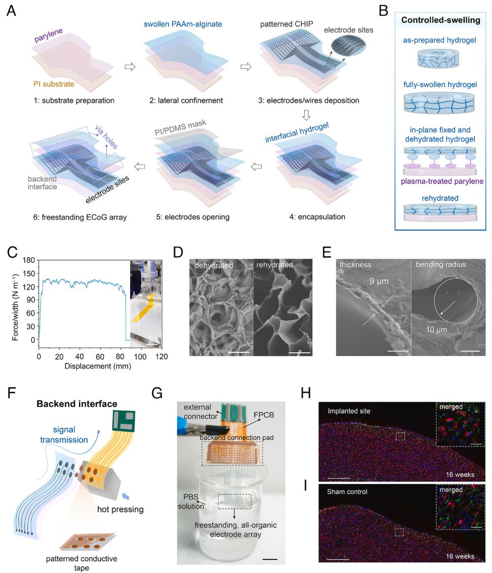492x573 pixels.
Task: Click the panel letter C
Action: pos(12,252)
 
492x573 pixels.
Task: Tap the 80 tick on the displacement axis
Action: pos(120,357)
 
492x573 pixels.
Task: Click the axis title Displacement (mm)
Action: pos(98,366)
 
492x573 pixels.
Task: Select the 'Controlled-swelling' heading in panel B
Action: pos(440,20)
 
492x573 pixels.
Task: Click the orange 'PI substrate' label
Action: pos(54,84)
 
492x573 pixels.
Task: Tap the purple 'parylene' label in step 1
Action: pos(48,35)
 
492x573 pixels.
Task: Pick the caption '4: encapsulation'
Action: pos(317,217)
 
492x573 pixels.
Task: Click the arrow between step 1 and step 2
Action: pos(130,67)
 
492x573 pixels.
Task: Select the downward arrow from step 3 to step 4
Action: pos(306,115)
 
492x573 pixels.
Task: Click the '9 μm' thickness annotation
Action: pos(379,281)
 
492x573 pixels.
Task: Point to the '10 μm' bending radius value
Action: pos(436,330)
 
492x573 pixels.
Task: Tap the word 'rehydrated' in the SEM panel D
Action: pos(274,265)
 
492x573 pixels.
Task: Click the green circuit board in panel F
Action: pos(124,421)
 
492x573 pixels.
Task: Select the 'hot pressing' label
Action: pos(120,509)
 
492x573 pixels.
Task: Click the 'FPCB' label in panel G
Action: pos(264,415)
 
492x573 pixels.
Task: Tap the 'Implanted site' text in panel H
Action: pos(349,411)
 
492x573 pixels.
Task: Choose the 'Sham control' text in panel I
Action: pos(347,492)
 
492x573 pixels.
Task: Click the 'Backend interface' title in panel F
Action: pos(77,404)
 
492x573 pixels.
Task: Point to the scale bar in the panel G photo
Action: pos(270,559)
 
